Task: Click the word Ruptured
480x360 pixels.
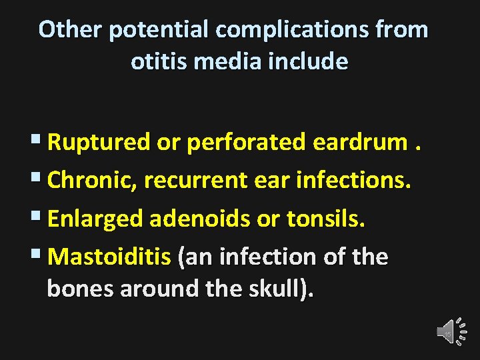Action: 99,141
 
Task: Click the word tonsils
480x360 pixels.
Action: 326,219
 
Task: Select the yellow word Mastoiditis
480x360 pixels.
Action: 109,257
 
